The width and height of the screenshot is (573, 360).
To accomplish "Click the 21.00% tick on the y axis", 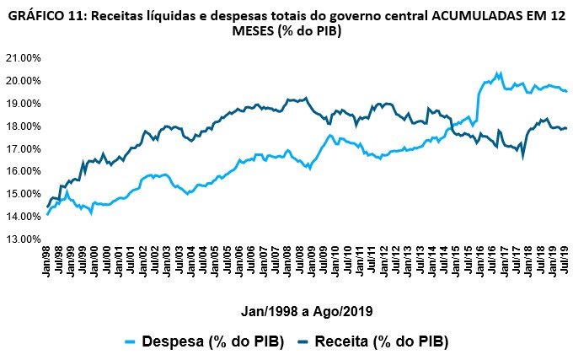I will [23, 58].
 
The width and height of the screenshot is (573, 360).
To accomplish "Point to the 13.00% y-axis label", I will [23, 239].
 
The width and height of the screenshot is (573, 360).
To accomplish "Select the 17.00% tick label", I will [23, 149].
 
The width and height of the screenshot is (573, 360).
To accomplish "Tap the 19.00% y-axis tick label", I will [23, 104].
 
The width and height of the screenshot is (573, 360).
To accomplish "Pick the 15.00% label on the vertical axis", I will [23, 194].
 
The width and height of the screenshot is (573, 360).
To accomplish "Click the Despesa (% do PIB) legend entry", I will [212, 341].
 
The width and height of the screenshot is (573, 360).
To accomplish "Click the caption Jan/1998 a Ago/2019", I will [303, 310].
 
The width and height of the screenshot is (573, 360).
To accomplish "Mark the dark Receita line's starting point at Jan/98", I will [47, 206].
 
